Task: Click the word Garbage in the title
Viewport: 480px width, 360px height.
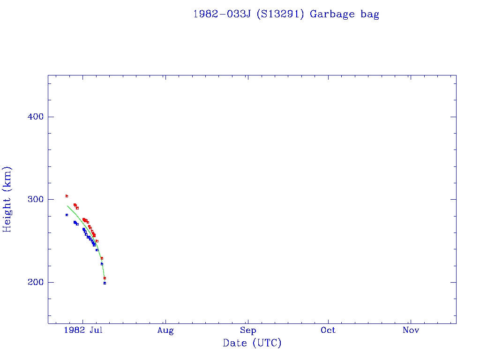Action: click(332, 14)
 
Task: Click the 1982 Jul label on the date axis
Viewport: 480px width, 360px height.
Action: click(83, 330)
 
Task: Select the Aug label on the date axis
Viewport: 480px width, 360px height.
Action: click(165, 330)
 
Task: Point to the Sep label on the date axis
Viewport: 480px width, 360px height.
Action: click(248, 330)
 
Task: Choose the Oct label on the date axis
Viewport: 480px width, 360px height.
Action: click(328, 330)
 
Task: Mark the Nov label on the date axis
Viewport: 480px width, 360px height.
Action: click(411, 330)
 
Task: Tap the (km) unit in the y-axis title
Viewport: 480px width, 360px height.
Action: click(7, 178)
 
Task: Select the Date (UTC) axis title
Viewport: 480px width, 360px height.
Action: click(252, 343)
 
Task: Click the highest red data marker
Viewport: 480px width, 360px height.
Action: click(67, 196)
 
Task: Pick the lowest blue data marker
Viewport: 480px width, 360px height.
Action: click(105, 283)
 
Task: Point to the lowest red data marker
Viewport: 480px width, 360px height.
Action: click(105, 278)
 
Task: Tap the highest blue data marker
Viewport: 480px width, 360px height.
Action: click(67, 215)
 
